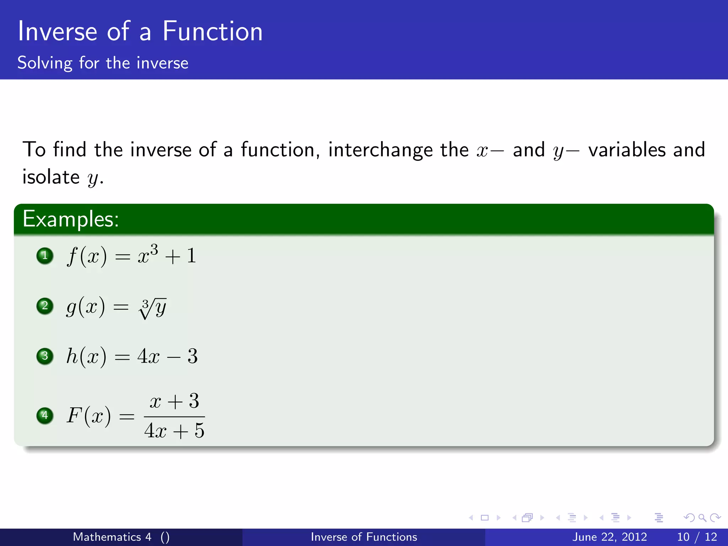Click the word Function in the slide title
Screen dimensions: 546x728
212,31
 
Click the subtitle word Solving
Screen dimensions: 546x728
45,63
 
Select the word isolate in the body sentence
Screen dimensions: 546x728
51,177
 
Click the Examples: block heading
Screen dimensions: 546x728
70,219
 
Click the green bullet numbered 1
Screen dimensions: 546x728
45,256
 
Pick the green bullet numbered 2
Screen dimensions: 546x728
45,306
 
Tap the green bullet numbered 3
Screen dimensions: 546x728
45,356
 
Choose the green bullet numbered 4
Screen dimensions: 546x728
45,415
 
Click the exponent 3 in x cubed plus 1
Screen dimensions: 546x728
154,250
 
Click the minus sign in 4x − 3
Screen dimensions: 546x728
173,357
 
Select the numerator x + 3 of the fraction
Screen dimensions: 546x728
174,401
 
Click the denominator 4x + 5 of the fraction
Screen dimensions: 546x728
174,431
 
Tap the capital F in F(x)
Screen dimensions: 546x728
75,415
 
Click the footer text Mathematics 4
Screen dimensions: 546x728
112,537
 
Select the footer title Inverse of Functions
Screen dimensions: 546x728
364,537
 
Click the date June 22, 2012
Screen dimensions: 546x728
609,537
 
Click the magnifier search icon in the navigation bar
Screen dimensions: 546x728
702,518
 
